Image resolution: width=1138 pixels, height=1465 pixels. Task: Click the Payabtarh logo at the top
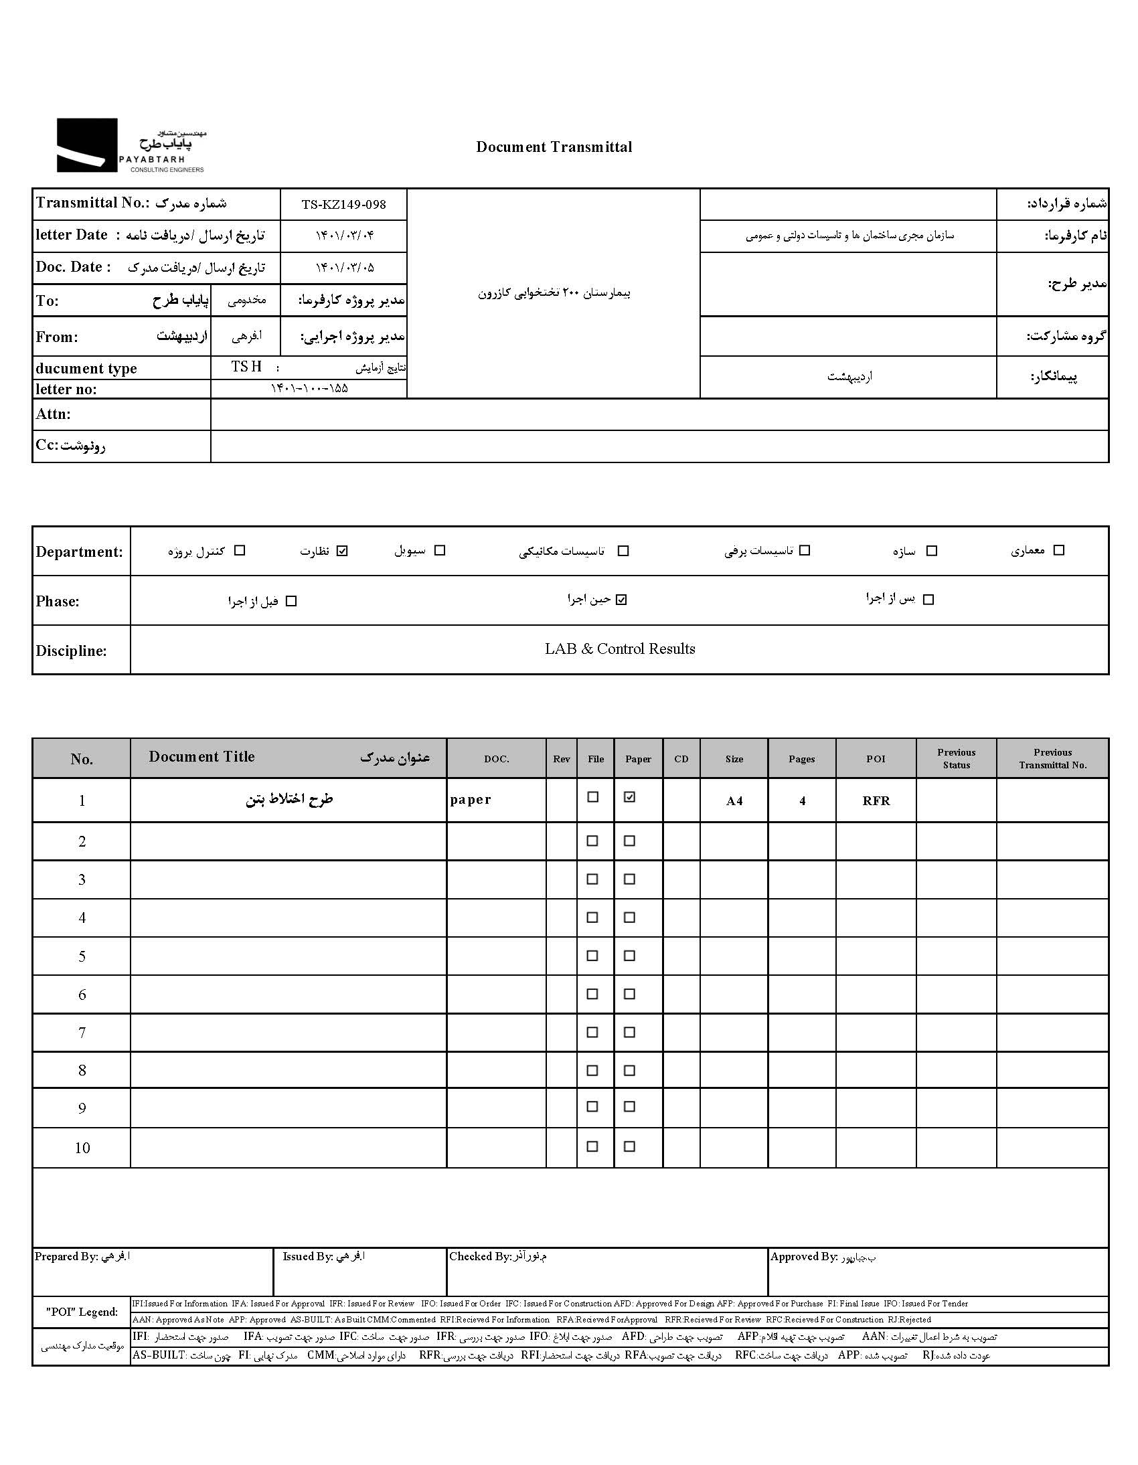(131, 145)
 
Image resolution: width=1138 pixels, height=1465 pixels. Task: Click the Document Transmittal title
(554, 147)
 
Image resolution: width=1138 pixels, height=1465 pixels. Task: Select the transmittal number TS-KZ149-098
(343, 205)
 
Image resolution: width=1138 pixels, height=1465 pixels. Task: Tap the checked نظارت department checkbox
(343, 551)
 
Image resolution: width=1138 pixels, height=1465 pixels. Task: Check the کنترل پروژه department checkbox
(240, 551)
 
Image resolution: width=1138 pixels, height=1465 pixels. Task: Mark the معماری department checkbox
(1059, 550)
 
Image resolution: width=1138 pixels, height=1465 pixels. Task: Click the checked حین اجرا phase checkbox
(621, 600)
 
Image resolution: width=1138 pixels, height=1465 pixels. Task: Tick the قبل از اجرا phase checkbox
(291, 601)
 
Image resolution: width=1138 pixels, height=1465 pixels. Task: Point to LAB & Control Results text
(619, 649)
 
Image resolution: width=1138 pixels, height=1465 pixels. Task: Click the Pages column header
(801, 759)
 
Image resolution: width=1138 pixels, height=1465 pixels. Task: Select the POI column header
(876, 759)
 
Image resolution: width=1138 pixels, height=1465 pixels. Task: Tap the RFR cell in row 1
(876, 800)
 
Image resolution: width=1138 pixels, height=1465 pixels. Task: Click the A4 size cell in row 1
(734, 800)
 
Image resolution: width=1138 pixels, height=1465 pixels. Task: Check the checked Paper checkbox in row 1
(629, 797)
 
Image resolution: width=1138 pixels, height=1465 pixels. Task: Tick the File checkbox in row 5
(592, 955)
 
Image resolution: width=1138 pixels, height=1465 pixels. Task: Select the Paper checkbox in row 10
(629, 1146)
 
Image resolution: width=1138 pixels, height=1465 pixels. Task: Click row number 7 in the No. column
(82, 1033)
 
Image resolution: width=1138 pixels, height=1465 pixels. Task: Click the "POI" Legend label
(82, 1312)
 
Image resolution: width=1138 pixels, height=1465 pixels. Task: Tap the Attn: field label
(53, 414)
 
